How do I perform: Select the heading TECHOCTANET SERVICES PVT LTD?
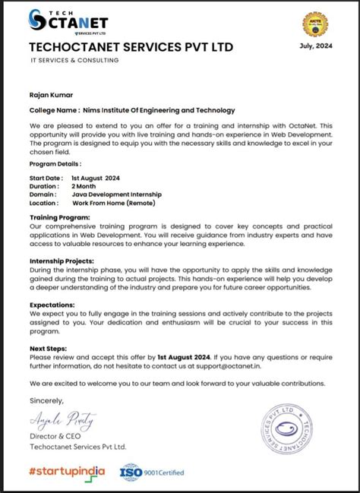[x=131, y=48]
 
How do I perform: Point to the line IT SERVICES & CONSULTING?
[x=74, y=60]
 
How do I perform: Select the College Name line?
[x=132, y=110]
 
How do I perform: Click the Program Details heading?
[x=55, y=163]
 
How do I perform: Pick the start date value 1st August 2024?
[x=96, y=177]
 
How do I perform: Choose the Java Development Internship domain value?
[x=116, y=194]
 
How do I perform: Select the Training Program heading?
[x=59, y=217]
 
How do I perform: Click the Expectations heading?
[x=53, y=304]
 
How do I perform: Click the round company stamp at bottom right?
[x=292, y=432]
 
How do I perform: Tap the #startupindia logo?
[x=67, y=472]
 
